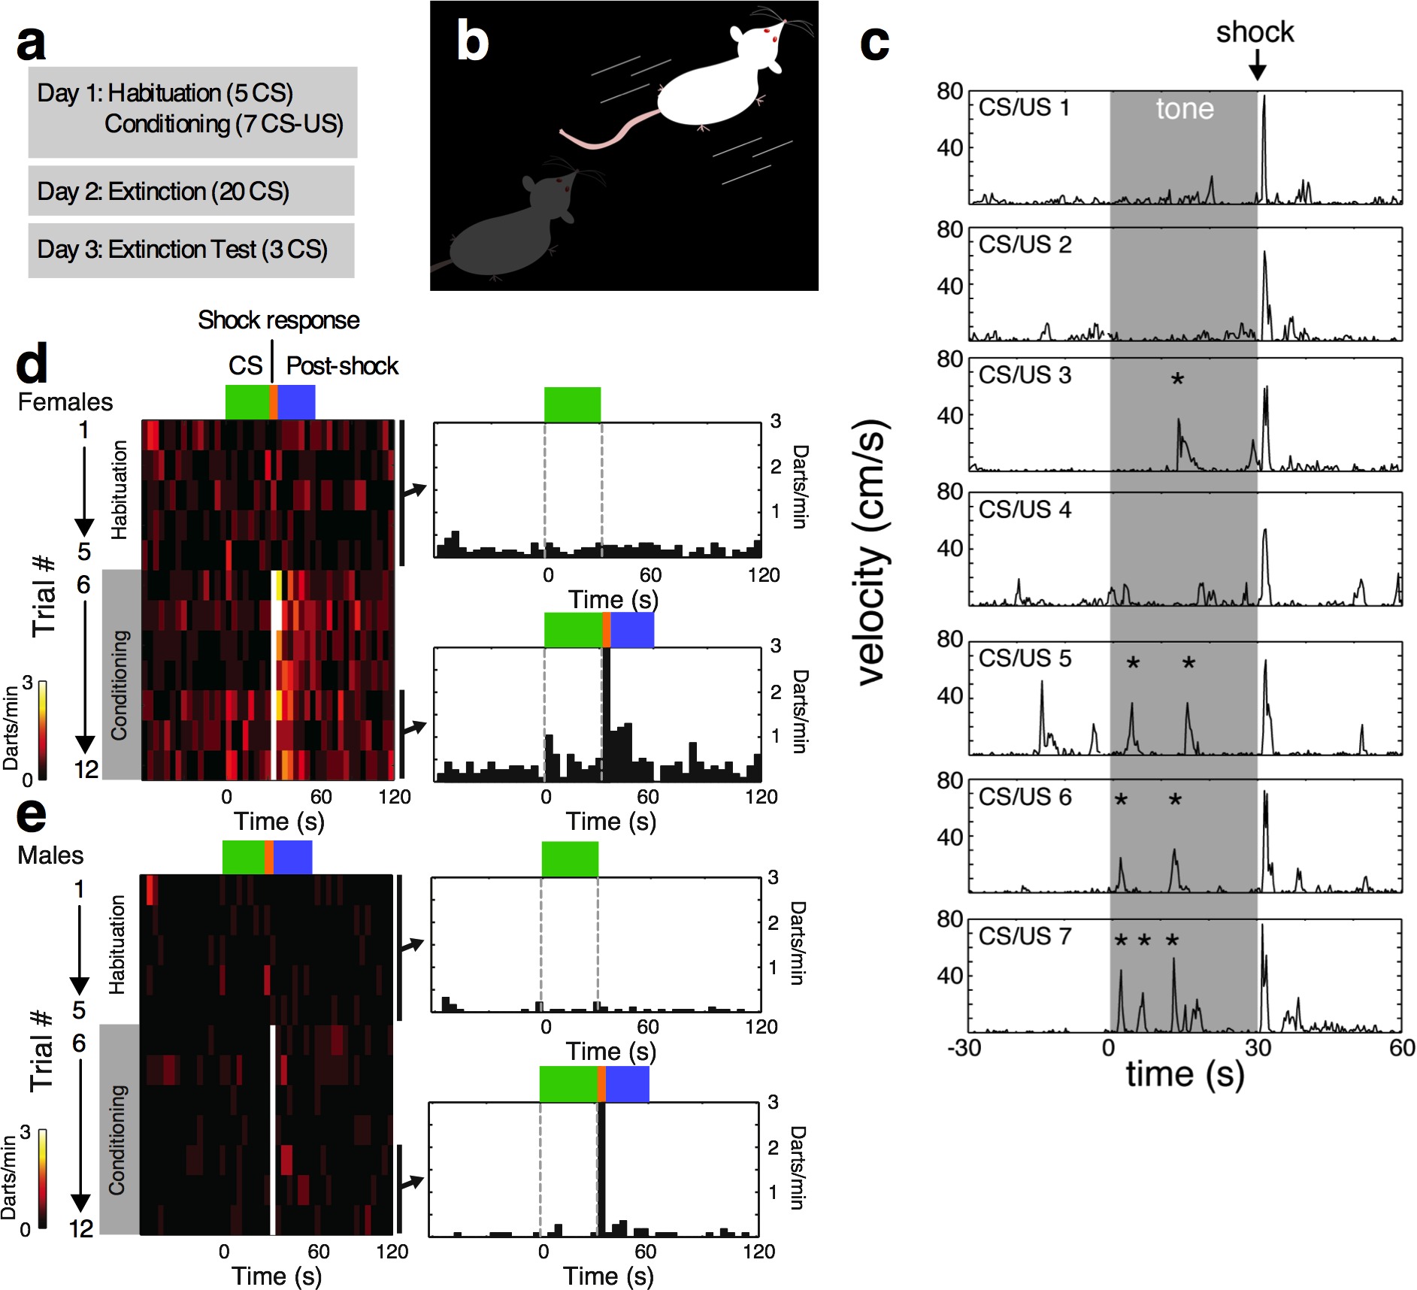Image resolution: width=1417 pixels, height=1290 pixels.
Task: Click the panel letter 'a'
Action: pos(32,44)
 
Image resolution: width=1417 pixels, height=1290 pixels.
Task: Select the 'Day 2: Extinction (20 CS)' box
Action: pos(191,191)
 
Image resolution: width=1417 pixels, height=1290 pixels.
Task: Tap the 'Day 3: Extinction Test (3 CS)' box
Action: pos(191,250)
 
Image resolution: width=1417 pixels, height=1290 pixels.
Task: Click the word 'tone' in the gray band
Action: pos(1185,109)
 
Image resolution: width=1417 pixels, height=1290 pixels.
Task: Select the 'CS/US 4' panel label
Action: pos(1025,510)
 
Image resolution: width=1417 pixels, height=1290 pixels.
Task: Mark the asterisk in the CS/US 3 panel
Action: pos(1177,380)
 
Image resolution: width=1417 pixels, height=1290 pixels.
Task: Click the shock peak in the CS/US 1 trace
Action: pos(1264,98)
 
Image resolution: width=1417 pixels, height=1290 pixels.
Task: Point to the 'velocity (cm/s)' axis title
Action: pos(872,553)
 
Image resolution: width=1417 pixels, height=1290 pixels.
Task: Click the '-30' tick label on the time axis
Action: pos(964,1047)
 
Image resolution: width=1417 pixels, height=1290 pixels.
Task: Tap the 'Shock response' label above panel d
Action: pos(279,320)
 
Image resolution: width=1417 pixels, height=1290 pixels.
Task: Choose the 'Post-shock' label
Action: pos(342,366)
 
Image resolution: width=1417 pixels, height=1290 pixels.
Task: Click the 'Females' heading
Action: pos(65,402)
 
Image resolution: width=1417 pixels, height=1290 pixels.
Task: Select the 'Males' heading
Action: pos(50,855)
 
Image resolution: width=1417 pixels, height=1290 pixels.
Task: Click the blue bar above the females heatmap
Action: pos(296,401)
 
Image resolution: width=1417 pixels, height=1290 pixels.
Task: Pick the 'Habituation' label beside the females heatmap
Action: pos(119,489)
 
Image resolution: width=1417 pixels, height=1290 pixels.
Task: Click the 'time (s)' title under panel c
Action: pos(1185,1073)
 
